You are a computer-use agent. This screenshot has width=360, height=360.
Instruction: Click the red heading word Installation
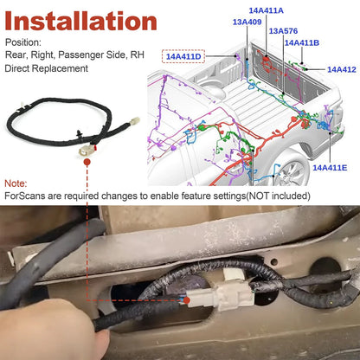80,21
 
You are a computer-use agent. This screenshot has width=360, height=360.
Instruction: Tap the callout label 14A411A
266,10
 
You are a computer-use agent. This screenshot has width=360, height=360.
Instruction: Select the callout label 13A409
247,22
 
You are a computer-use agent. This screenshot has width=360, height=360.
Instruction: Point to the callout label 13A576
283,31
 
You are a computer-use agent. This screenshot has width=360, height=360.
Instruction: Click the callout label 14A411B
302,42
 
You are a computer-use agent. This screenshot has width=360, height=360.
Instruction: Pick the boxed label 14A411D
183,56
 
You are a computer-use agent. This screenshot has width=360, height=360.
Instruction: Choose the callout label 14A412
342,69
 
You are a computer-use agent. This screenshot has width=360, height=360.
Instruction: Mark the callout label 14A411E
330,168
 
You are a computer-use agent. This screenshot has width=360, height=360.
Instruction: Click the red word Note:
16,183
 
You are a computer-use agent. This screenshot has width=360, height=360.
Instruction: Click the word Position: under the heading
23,42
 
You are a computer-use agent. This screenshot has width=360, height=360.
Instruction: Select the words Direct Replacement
47,68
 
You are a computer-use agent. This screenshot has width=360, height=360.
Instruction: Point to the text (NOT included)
278,196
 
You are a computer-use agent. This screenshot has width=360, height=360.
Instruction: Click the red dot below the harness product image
87,162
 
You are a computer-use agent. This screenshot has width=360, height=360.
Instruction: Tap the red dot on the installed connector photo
187,300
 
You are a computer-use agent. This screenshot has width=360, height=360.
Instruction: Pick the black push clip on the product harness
79,135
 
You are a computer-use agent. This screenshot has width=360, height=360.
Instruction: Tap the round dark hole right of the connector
325,270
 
